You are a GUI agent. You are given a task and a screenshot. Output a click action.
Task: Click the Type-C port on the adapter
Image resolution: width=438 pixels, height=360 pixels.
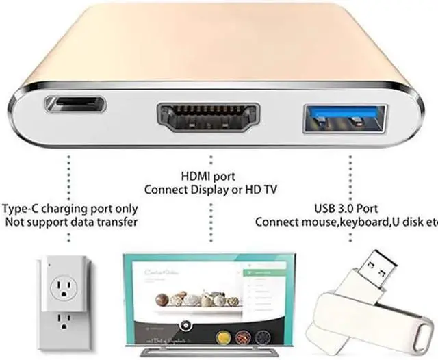tap(75, 105)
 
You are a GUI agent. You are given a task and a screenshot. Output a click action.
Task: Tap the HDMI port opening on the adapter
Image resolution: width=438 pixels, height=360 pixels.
tap(209, 117)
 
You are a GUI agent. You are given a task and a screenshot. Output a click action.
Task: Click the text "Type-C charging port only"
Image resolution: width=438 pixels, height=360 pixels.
tap(70, 209)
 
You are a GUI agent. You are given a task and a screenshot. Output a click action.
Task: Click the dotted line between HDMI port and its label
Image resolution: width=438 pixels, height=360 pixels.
tap(209, 154)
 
